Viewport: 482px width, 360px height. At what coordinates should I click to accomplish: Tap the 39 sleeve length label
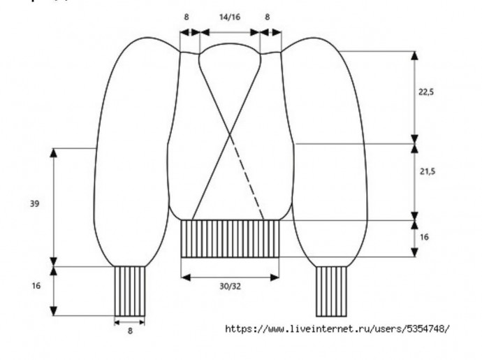click(x=35, y=205)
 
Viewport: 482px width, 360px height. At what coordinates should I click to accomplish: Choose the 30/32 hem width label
click(x=230, y=287)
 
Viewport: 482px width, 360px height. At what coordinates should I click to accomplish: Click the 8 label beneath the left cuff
click(x=130, y=330)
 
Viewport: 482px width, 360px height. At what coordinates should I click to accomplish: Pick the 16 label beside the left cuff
click(x=36, y=285)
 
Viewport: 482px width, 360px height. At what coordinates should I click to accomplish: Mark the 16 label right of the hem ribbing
click(x=425, y=237)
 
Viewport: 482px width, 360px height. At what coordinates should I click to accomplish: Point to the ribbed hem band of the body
click(x=230, y=238)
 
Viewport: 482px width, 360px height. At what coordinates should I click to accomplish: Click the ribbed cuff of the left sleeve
click(x=130, y=289)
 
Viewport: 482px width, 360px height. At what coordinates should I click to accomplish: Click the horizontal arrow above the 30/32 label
click(x=230, y=277)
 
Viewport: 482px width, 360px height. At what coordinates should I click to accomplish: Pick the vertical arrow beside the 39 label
click(x=54, y=206)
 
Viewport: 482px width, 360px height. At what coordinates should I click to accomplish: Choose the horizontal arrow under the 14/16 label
click(x=230, y=31)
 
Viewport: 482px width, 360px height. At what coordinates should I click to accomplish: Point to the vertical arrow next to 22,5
click(x=415, y=96)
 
